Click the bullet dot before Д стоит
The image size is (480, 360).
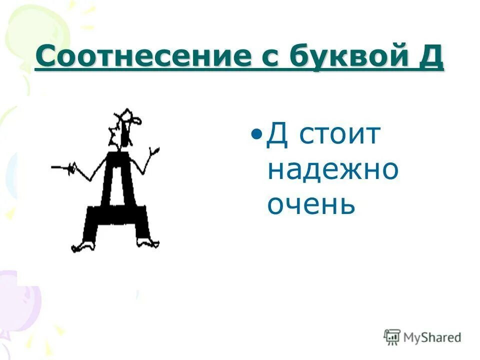257,134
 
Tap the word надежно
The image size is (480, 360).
333,170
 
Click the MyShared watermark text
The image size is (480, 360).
432,337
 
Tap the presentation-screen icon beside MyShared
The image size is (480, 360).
392,337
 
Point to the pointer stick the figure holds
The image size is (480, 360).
62,167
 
